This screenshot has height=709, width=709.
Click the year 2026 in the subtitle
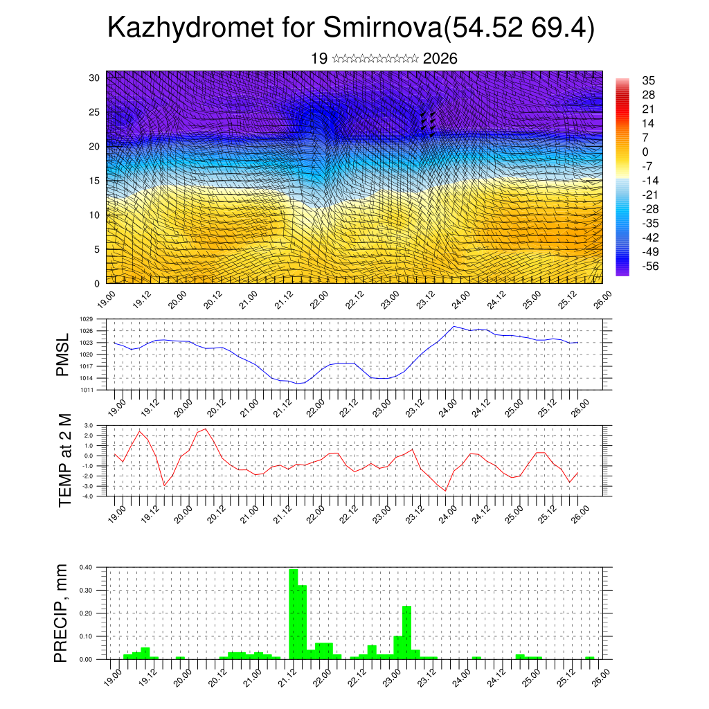coord(440,59)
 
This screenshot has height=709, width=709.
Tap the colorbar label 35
coord(648,80)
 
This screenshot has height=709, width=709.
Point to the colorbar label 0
coord(645,152)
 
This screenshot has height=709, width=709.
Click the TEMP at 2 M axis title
coord(64,460)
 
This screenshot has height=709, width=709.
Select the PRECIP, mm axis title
coord(62,613)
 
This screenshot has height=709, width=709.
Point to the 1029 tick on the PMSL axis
coord(86,319)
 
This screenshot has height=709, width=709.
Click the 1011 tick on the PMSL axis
coord(86,390)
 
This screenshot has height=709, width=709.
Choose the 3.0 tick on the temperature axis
coord(88,425)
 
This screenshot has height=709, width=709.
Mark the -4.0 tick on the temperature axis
coord(87,496)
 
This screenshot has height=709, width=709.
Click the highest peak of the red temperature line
coord(206,429)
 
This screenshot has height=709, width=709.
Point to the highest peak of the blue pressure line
coord(454,326)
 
